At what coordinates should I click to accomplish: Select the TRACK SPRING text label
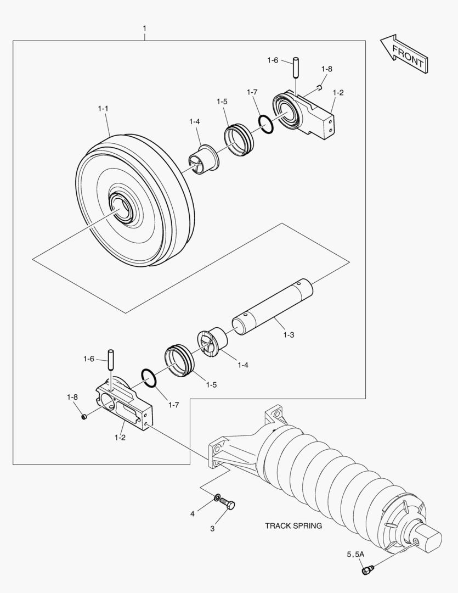click(x=293, y=525)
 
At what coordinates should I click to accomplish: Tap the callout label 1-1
click(x=103, y=109)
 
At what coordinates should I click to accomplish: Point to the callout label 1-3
click(x=289, y=334)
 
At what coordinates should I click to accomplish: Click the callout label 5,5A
click(x=354, y=555)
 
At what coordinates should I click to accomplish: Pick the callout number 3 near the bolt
click(x=212, y=529)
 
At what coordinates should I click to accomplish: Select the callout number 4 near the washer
click(x=193, y=514)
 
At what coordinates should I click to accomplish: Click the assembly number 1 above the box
click(x=144, y=27)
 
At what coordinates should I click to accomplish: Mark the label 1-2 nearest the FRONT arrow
click(x=338, y=93)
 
